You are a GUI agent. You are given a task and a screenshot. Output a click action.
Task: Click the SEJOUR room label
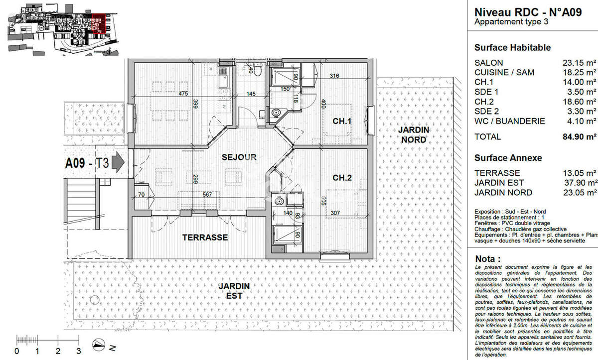[239, 157]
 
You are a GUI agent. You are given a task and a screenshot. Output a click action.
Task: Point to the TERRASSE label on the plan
[205, 238]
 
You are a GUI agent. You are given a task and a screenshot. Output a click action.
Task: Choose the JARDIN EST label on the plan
[234, 291]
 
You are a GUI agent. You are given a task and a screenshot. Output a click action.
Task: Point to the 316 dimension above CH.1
[334, 76]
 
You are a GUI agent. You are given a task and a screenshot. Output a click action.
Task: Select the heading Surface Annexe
[508, 158]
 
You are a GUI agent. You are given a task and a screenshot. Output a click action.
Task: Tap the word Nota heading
[487, 259]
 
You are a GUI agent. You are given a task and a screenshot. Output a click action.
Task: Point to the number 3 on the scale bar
[78, 351]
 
